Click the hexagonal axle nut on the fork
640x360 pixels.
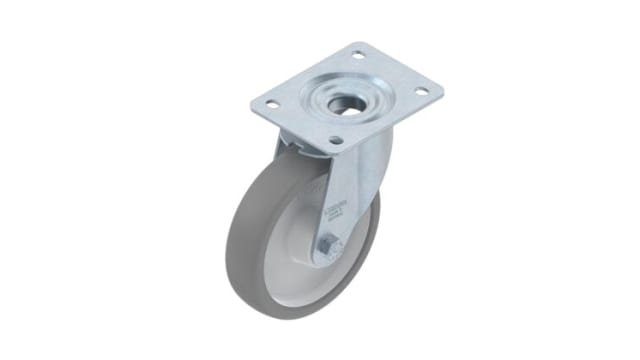click(x=329, y=246)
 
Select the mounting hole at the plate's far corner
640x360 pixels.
click(x=360, y=56)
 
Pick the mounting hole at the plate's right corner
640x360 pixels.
click(x=421, y=92)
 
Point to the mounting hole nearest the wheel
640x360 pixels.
click(x=336, y=140)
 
